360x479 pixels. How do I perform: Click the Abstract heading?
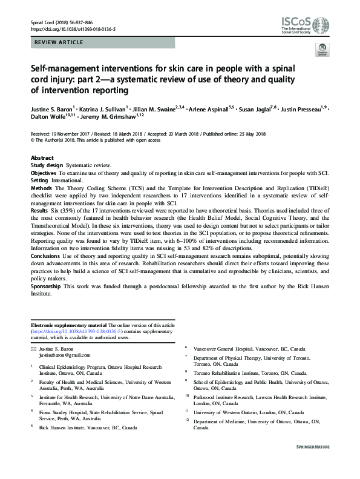pyautogui.click(x=42, y=157)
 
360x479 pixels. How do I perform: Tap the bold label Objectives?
pyautogui.click(x=44, y=172)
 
